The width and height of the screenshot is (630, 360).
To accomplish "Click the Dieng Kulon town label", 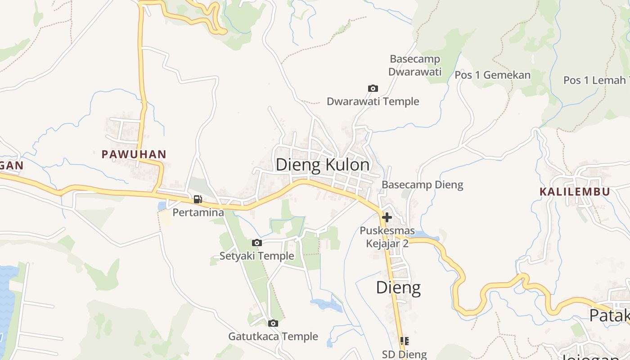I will (322, 165).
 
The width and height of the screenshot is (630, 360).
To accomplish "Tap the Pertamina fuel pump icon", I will (198, 199).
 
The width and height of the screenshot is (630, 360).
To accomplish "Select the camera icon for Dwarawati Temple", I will (373, 89).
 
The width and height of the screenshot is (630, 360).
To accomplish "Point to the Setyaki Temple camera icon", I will (256, 243).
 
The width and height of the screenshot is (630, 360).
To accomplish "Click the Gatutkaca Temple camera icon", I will (273, 323).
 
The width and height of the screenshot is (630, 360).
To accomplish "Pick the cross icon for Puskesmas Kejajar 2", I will (386, 218).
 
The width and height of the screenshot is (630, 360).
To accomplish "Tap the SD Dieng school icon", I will (404, 341).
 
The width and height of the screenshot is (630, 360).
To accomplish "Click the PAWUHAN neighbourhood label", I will (134, 154).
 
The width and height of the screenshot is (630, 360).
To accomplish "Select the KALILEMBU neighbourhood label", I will (575, 192).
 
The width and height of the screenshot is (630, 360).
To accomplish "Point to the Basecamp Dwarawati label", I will (414, 65).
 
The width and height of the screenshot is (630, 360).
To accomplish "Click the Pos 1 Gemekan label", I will (492, 75).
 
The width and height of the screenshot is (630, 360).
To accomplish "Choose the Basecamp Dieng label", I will (422, 184).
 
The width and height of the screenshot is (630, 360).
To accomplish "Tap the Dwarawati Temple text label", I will (373, 102).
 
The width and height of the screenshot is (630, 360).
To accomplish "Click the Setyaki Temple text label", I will (256, 256).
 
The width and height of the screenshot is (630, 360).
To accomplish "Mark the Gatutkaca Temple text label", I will (273, 336).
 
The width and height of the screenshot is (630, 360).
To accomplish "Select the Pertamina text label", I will (198, 212).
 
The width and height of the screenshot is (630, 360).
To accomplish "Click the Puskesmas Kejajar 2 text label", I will (387, 237).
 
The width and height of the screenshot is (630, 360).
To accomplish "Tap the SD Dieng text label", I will (404, 354).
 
